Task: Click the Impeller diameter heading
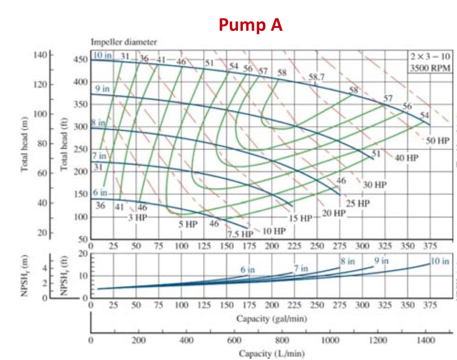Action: coord(124,42)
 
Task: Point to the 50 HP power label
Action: coord(437,140)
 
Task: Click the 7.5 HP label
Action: coord(240,234)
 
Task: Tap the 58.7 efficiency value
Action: coord(317,77)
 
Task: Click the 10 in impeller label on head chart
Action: coord(102,55)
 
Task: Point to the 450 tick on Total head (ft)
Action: coord(81,59)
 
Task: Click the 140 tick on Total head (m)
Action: coord(40,55)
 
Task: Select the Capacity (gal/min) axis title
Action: coord(271,319)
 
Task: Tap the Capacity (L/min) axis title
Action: coord(271,354)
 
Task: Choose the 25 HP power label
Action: coord(358,203)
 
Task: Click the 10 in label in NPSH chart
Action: coord(440,261)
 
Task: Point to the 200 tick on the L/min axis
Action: coord(139,340)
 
